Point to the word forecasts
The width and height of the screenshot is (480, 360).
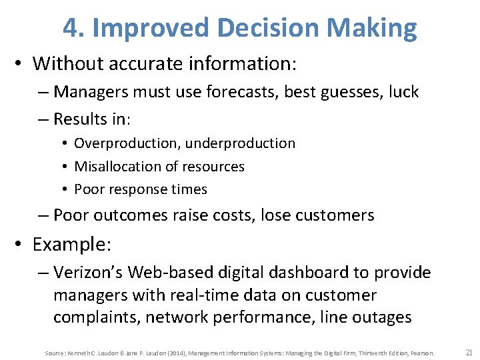click(x=245, y=91)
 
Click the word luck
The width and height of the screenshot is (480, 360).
click(x=402, y=91)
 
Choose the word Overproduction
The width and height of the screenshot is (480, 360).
click(x=127, y=143)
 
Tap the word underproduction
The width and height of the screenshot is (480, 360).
click(x=240, y=143)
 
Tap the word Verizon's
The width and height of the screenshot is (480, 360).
click(x=89, y=273)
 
